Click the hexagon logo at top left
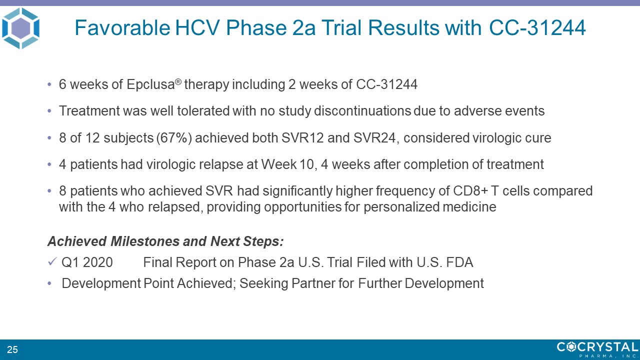(20, 28)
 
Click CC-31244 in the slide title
(537, 27)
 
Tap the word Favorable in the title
(122, 27)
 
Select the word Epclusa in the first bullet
(150, 84)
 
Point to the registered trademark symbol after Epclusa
(178, 82)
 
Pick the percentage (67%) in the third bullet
(174, 138)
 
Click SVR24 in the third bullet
(374, 137)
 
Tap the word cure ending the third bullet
(538, 138)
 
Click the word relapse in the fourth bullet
(221, 164)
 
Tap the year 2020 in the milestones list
(97, 262)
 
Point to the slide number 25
(12, 349)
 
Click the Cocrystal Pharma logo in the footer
(597, 349)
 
